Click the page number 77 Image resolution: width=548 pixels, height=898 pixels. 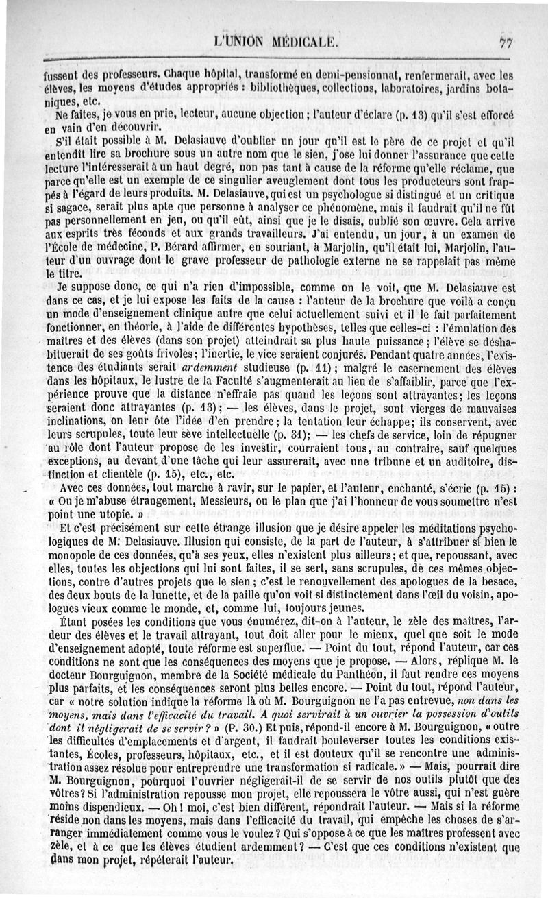tap(506, 42)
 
